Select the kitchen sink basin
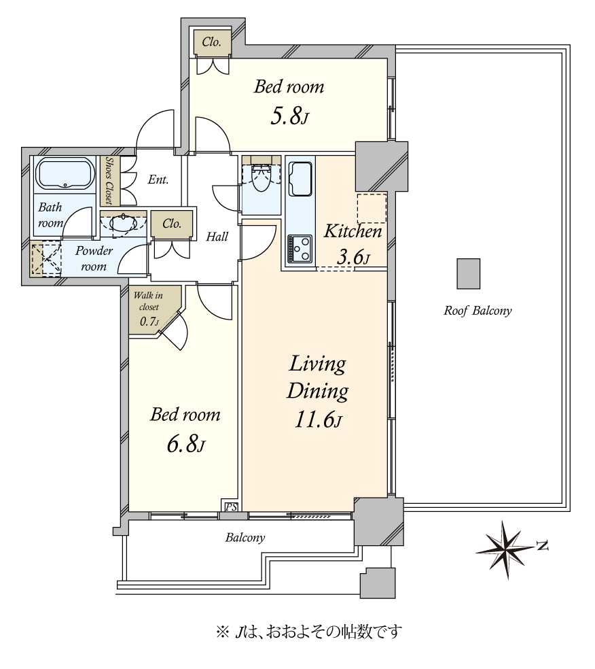click(300, 179)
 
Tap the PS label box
click(231, 507)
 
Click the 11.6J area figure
click(318, 420)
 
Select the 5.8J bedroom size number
click(289, 116)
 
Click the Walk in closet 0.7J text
click(148, 307)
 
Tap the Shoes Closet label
click(109, 180)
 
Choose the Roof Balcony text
click(477, 311)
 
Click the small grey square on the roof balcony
click(469, 273)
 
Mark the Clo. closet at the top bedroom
click(211, 42)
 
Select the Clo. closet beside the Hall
click(172, 224)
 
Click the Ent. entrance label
click(158, 179)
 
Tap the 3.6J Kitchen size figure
click(353, 257)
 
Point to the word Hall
click(217, 237)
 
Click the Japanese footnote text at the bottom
click(309, 632)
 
